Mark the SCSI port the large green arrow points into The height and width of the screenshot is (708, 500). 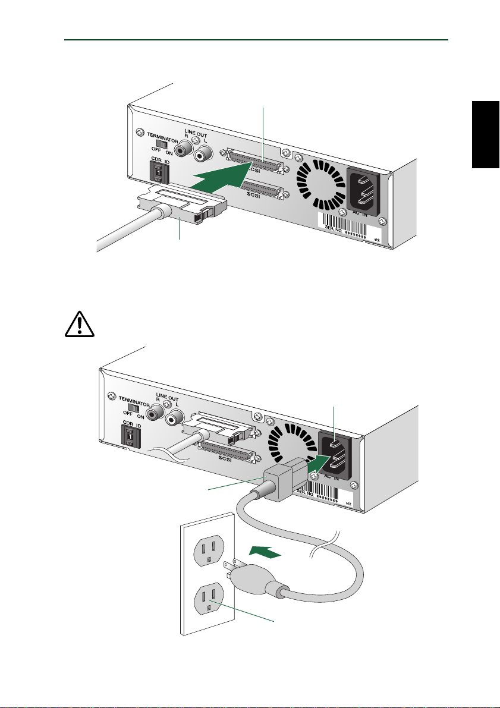[x=252, y=161]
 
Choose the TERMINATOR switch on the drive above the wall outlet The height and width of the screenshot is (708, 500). [x=134, y=408]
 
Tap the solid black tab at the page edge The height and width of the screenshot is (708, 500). [x=486, y=134]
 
